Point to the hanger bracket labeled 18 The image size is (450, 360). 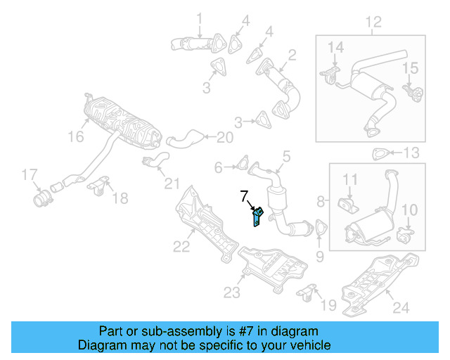[98, 187]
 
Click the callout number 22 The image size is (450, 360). [181, 246]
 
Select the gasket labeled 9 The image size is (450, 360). [320, 230]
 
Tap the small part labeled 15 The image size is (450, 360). [411, 92]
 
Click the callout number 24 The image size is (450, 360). [400, 307]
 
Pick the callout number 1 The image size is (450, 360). [199, 18]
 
